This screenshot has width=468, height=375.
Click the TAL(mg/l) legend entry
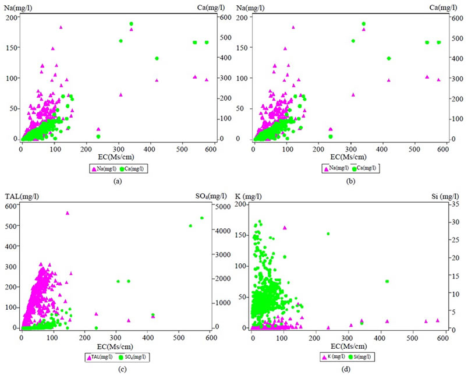point(103,356)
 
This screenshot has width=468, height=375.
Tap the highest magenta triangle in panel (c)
point(68,213)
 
